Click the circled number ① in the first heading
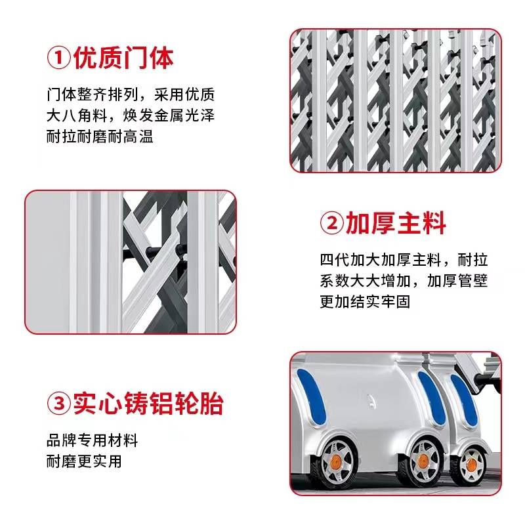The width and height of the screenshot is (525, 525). click(x=58, y=58)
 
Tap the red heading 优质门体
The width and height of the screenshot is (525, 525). click(x=123, y=58)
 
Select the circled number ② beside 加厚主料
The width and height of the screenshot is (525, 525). click(x=332, y=223)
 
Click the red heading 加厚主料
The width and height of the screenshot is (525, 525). click(x=396, y=223)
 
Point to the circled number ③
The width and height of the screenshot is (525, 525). click(x=58, y=403)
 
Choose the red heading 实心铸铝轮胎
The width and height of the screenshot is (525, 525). click(x=148, y=403)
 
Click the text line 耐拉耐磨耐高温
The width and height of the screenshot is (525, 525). click(x=100, y=136)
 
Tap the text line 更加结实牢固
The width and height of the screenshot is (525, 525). click(x=366, y=301)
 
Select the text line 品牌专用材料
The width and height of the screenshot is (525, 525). click(x=92, y=440)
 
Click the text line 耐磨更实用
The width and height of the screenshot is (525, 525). click(x=84, y=461)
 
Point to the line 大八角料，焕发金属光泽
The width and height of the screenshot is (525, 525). click(x=131, y=115)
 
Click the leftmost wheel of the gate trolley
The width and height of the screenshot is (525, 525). click(x=332, y=463)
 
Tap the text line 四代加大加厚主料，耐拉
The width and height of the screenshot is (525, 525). click(x=404, y=260)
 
